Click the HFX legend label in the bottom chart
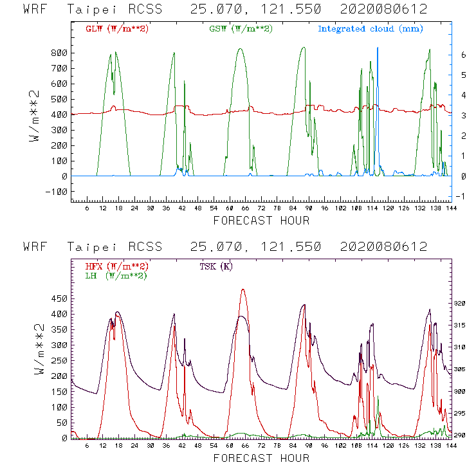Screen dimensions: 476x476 click(116, 266)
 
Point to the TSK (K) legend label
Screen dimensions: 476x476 click(216, 266)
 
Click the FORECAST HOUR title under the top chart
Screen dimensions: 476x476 click(261, 221)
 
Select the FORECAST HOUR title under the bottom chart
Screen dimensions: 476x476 click(261, 459)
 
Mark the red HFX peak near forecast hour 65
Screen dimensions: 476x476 click(243, 289)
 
